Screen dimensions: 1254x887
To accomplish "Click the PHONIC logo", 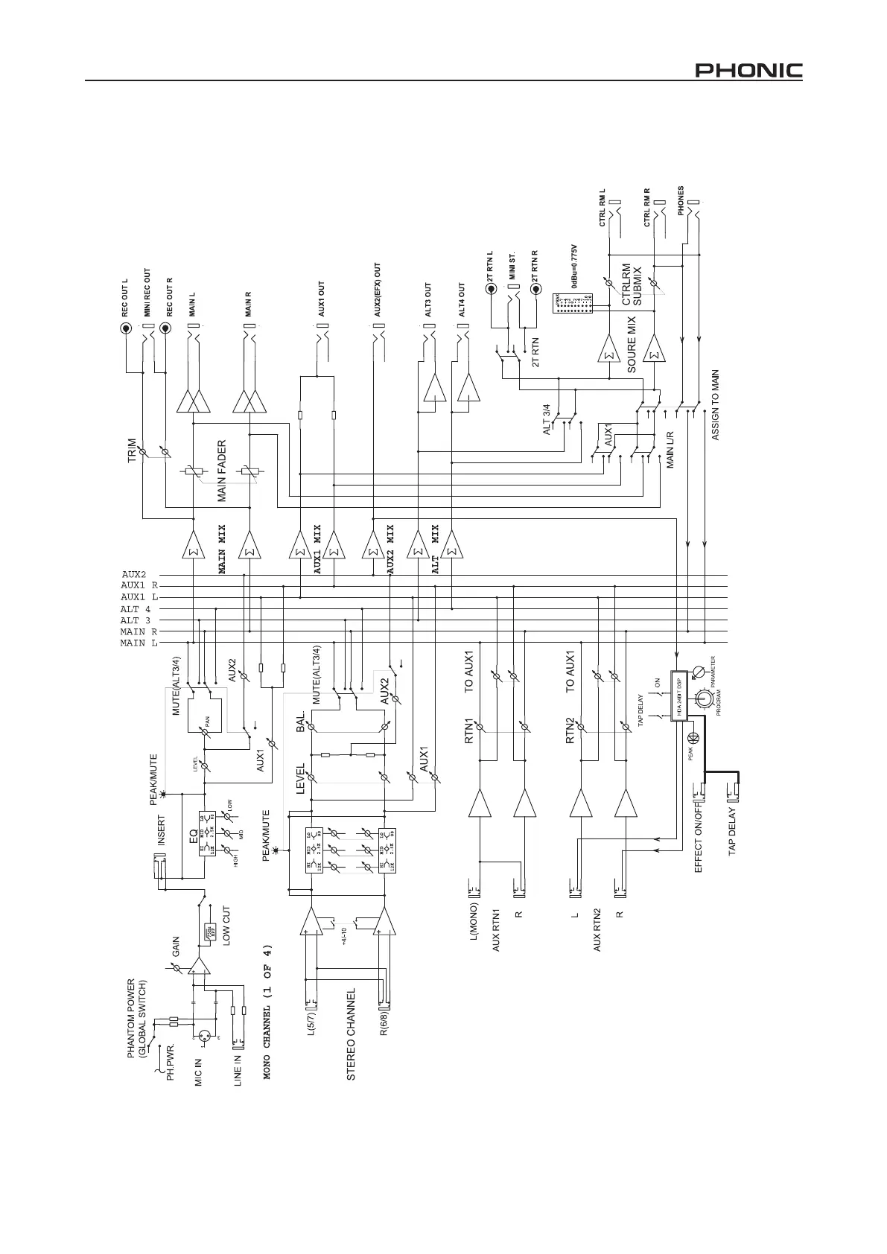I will pos(748,71).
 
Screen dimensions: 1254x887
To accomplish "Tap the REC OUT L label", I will pos(126,296).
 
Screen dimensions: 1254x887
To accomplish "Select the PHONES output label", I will pos(681,201).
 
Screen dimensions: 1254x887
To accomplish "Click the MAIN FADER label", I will pos(222,471).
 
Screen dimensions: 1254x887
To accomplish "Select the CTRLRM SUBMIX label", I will pos(631,284).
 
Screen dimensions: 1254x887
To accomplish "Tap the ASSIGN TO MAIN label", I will pos(716,405).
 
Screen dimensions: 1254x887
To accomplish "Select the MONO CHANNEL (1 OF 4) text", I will pos(268,1013).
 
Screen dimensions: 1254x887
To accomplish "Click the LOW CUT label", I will pos(226,926).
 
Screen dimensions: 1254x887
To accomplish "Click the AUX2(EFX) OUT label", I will pos(377,290).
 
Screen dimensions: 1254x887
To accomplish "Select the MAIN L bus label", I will pos(139,643).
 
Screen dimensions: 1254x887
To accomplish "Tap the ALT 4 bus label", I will pos(136,609).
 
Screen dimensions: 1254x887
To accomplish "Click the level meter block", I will pos(573,305).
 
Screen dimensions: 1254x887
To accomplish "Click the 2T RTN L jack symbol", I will pos(491,287).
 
